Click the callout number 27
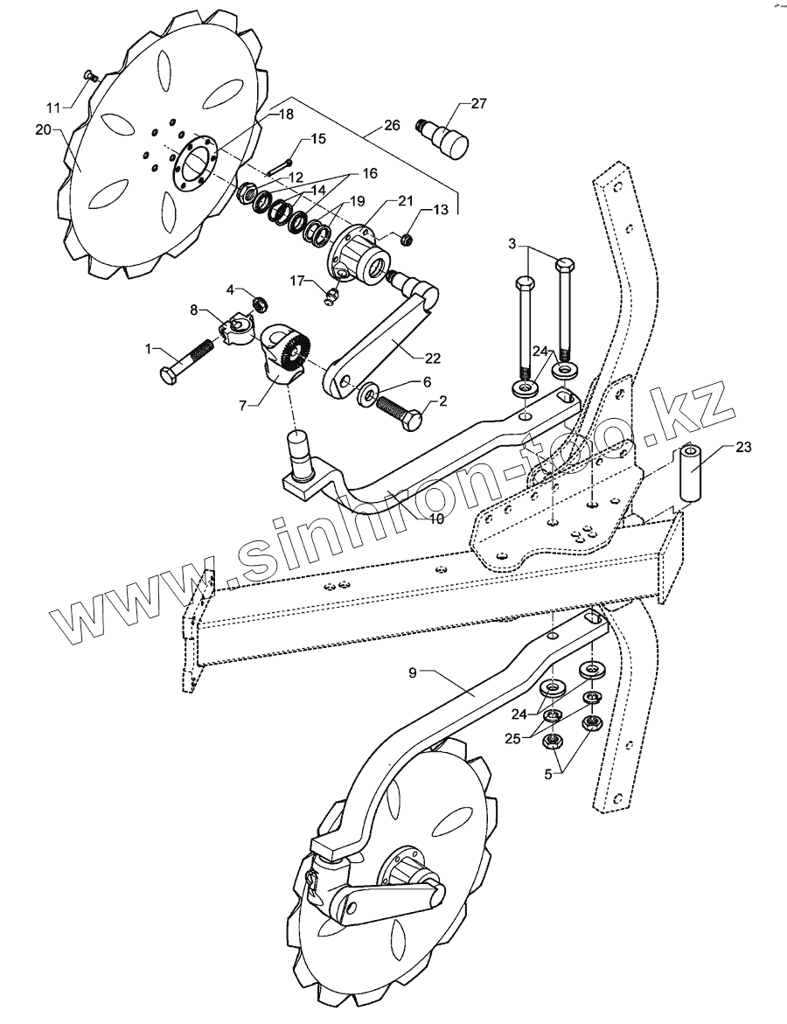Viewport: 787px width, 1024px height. point(479,103)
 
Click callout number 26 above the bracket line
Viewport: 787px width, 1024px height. point(392,125)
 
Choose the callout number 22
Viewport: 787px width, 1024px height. point(432,357)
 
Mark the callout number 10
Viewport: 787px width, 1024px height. point(436,519)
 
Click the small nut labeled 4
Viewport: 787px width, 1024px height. point(259,303)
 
